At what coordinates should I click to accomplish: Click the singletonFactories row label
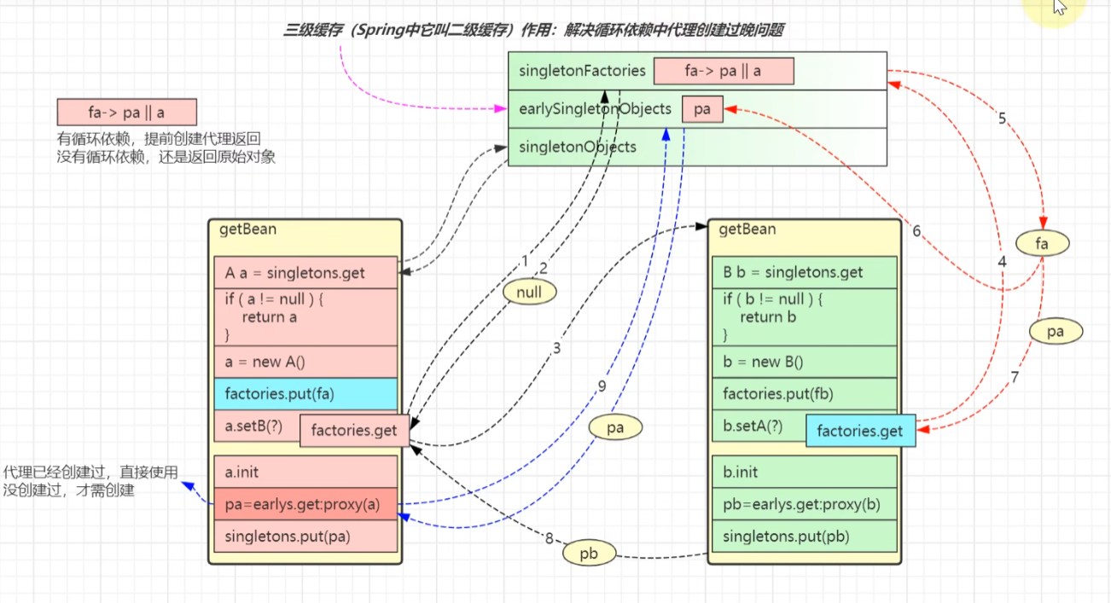pos(582,71)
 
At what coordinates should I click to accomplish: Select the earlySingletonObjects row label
pos(594,109)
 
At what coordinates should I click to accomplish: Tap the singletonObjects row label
pos(578,147)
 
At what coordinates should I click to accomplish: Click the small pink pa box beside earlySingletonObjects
pos(702,109)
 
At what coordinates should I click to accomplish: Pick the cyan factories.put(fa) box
pos(305,393)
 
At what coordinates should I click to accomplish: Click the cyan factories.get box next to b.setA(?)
pos(859,431)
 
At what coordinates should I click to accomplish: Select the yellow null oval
pos(529,293)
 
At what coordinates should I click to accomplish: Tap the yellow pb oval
pos(589,554)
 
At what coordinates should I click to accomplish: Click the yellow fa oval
pos(1041,244)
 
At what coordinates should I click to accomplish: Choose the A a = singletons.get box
pos(305,273)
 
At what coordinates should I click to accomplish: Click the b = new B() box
pos(805,362)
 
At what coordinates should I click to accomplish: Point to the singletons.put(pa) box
pos(305,536)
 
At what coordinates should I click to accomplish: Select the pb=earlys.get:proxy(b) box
pos(805,504)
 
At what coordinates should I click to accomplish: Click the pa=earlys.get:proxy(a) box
pos(305,504)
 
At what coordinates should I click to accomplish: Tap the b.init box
pos(805,472)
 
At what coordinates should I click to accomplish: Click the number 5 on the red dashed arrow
pos(1003,119)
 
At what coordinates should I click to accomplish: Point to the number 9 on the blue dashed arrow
pos(602,386)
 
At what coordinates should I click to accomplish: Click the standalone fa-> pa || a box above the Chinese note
pos(126,112)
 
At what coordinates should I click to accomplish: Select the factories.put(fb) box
pos(805,393)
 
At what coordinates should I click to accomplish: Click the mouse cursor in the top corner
pos(1059,9)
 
